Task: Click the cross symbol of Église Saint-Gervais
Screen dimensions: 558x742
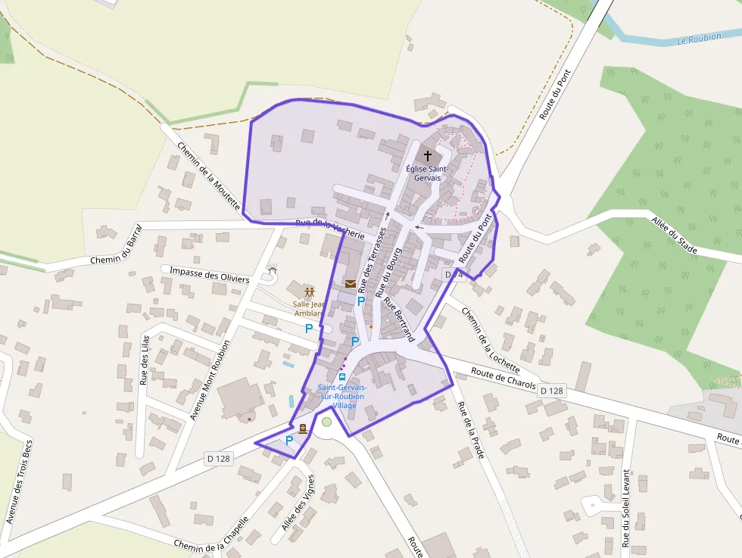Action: tap(428, 155)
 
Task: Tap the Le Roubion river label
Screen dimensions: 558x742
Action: tap(700, 37)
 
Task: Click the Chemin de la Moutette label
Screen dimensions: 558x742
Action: tap(209, 178)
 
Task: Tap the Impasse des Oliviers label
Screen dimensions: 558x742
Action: tap(210, 275)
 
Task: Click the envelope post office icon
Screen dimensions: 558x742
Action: tap(351, 284)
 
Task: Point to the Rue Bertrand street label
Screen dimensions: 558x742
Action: tap(400, 319)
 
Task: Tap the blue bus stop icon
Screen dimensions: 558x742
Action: tap(342, 377)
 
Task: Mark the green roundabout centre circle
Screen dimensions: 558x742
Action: tap(326, 422)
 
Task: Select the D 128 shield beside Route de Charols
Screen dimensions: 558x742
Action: tap(552, 391)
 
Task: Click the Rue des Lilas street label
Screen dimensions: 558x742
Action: tap(144, 360)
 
